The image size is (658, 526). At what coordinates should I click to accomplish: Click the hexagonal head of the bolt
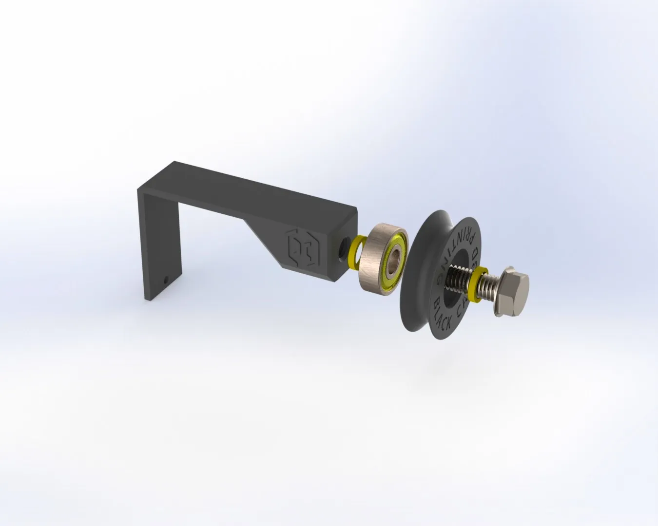pos(514,292)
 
